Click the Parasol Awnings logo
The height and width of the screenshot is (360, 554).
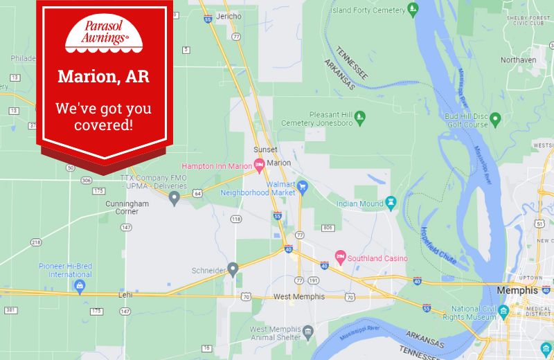(x=97, y=35)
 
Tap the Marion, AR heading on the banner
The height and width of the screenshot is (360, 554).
(x=103, y=76)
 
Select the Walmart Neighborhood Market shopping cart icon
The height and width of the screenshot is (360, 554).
(x=302, y=186)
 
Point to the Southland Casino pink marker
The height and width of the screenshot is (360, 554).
(x=340, y=258)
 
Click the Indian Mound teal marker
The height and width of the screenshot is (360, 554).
(x=391, y=203)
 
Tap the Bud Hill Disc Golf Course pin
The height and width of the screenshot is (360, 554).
(x=494, y=119)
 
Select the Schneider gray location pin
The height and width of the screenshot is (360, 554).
(x=233, y=268)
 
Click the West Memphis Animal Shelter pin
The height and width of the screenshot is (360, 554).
(x=308, y=333)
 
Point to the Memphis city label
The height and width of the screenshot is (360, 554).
(x=517, y=291)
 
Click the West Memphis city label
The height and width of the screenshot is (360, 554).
(x=299, y=297)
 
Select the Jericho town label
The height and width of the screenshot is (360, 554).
(x=229, y=16)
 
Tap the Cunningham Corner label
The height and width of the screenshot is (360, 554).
(x=127, y=208)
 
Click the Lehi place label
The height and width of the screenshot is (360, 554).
(x=125, y=295)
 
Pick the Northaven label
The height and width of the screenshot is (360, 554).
(x=519, y=60)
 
